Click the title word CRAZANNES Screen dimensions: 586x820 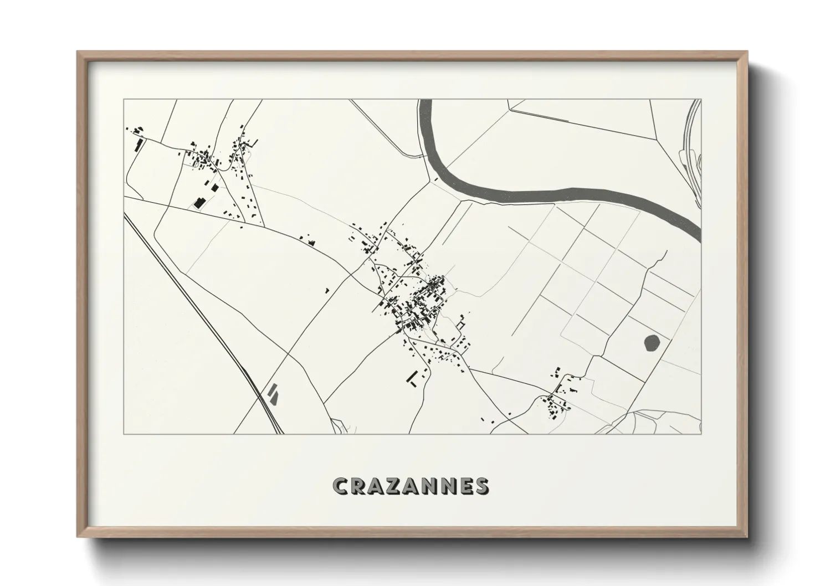[410, 486]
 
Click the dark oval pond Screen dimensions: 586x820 [652, 343]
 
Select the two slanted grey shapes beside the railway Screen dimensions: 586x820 [273, 393]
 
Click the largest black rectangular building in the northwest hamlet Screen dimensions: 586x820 [198, 203]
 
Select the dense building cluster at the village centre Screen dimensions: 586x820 [421, 305]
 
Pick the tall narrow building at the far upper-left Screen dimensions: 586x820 [138, 146]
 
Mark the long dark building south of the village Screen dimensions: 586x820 [413, 377]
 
